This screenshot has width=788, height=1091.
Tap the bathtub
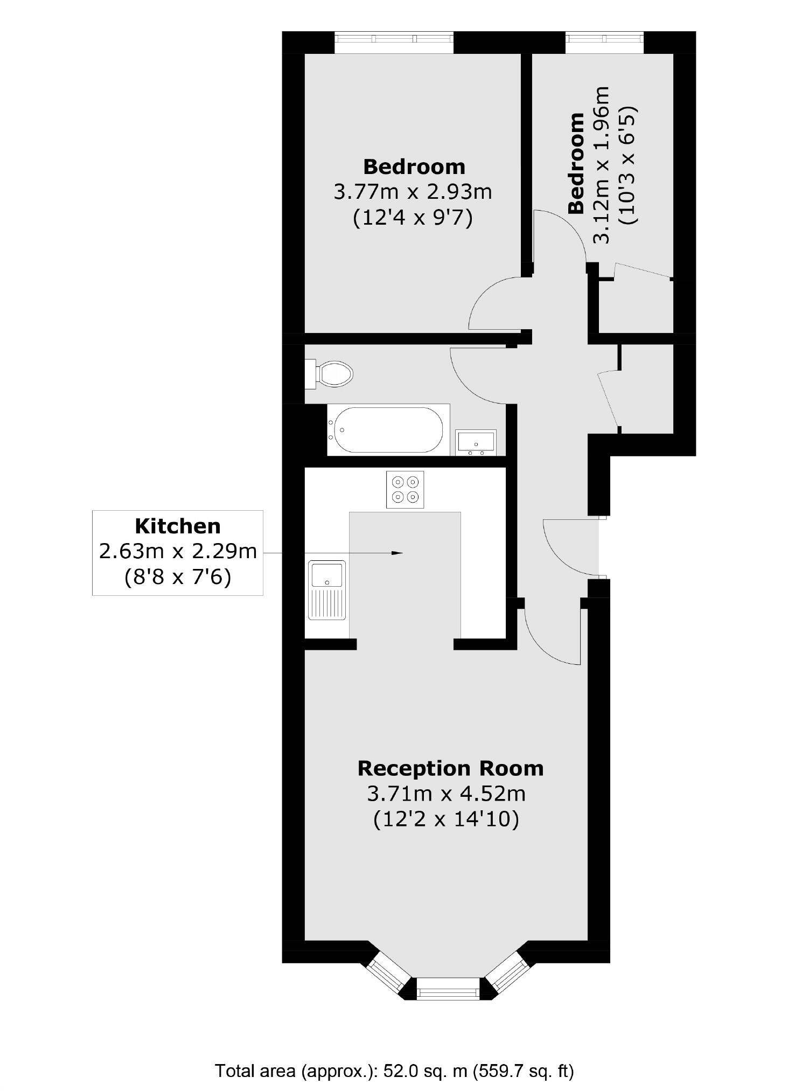click(x=388, y=429)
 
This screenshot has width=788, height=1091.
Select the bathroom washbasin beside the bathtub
click(x=476, y=442)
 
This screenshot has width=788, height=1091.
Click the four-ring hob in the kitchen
click(x=405, y=489)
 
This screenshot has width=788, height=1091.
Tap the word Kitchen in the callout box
click(x=177, y=526)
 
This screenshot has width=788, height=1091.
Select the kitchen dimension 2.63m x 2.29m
click(x=178, y=552)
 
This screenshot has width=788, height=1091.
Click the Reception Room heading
click(x=450, y=768)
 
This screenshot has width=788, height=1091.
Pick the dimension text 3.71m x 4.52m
click(x=446, y=794)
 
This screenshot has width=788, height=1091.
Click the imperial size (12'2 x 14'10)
click(x=446, y=819)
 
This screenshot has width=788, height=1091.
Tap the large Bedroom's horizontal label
click(x=414, y=166)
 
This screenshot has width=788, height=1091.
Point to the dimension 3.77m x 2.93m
click(x=413, y=192)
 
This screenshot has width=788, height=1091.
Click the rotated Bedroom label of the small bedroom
click(x=576, y=163)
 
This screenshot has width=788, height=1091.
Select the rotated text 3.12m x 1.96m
click(x=602, y=164)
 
